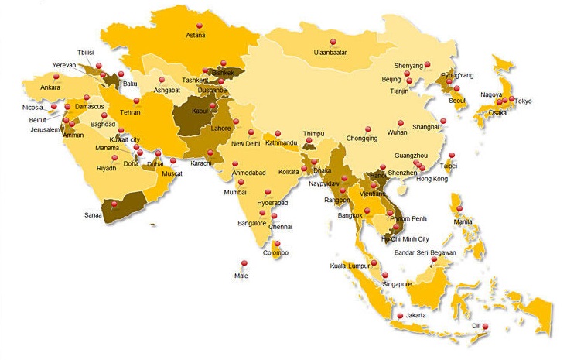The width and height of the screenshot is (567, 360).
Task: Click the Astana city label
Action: [196, 35]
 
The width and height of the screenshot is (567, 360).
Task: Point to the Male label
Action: [242, 275]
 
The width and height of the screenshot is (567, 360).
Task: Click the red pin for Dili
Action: [486, 327]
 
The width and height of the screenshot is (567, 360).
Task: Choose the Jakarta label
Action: [415, 317]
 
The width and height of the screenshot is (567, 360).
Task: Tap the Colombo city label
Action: [275, 253]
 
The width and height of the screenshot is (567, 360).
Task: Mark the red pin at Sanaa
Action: [114, 203]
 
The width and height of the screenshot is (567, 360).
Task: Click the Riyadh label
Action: [107, 168]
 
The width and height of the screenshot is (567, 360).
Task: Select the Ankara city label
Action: [50, 87]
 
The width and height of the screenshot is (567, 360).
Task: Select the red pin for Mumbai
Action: [241, 181]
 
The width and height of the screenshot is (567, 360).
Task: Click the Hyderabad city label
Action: [272, 203]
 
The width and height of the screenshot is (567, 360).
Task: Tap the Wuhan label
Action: [397, 133]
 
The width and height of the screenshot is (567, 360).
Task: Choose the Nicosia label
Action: [32, 108]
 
